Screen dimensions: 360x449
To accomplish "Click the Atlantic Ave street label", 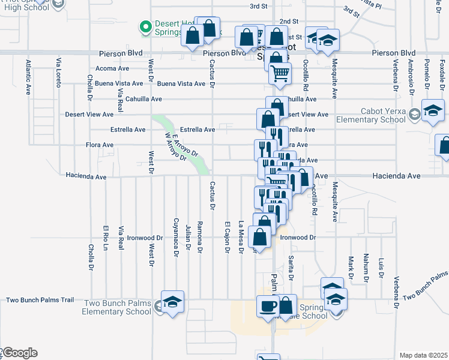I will pos(28,77).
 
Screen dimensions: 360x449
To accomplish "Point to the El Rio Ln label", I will pos(105,237).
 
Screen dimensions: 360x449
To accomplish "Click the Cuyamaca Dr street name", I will pos(176,237).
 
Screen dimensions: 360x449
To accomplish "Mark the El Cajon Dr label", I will pos(228,238).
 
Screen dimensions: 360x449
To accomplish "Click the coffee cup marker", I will pos(268,305).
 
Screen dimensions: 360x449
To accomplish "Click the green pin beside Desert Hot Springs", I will pos(145,26).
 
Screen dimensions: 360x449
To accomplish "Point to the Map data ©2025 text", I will pos(423,355).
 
